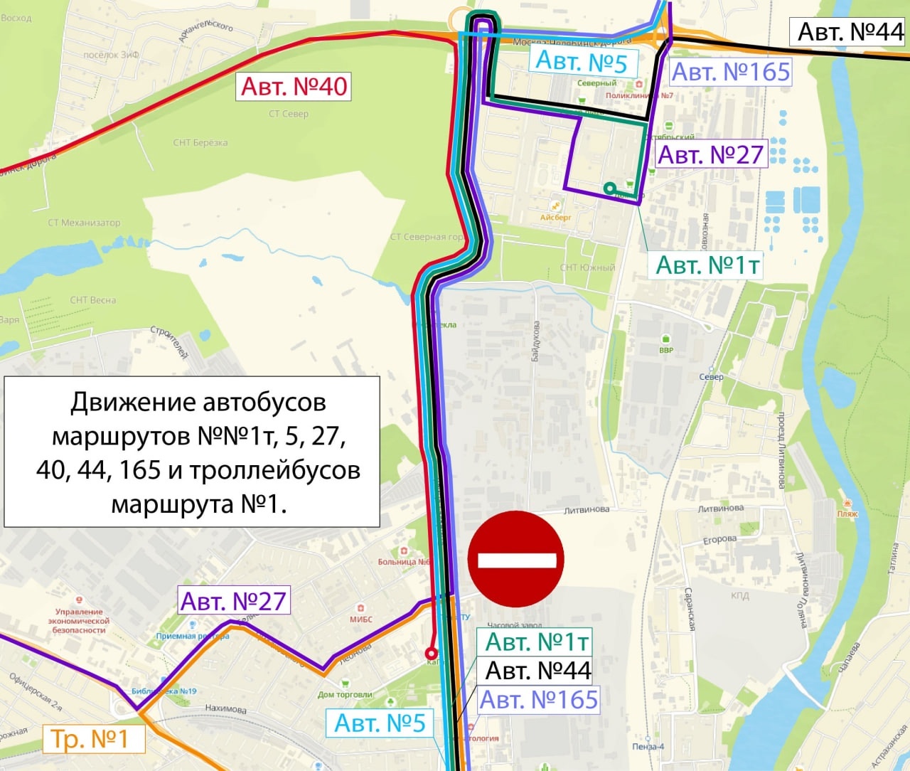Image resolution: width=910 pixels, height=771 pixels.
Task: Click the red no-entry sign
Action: click(516, 559)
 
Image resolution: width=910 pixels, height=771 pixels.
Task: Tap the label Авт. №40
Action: click(294, 87)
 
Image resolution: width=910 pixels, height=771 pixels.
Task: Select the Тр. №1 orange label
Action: click(90, 739)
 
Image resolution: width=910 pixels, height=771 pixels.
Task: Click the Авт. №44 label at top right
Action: click(850, 32)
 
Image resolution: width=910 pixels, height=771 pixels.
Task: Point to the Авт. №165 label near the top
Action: click(730, 72)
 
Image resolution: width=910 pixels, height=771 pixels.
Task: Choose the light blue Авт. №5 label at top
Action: click(581, 62)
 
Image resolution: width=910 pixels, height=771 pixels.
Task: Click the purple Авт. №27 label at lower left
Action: click(233, 601)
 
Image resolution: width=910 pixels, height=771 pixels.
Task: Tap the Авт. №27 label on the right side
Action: click(710, 154)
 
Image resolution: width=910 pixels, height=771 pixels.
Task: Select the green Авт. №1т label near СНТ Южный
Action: click(707, 265)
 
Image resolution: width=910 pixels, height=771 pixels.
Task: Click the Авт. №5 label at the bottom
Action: click(380, 723)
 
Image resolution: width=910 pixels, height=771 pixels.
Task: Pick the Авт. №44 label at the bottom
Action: click(537, 671)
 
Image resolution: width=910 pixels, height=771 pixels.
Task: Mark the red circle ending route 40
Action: click(431, 654)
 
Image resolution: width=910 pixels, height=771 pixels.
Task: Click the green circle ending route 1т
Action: click(609, 188)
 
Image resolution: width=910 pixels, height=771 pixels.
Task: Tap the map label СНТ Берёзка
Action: click(200, 143)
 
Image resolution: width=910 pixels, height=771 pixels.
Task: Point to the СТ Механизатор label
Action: click(84, 223)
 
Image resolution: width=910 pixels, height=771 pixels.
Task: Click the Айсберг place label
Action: click(555, 218)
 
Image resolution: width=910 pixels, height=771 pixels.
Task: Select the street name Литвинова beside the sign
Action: click(587, 510)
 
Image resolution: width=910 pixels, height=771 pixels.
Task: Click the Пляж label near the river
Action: click(847, 514)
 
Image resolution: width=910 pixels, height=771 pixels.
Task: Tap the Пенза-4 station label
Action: click(648, 747)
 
